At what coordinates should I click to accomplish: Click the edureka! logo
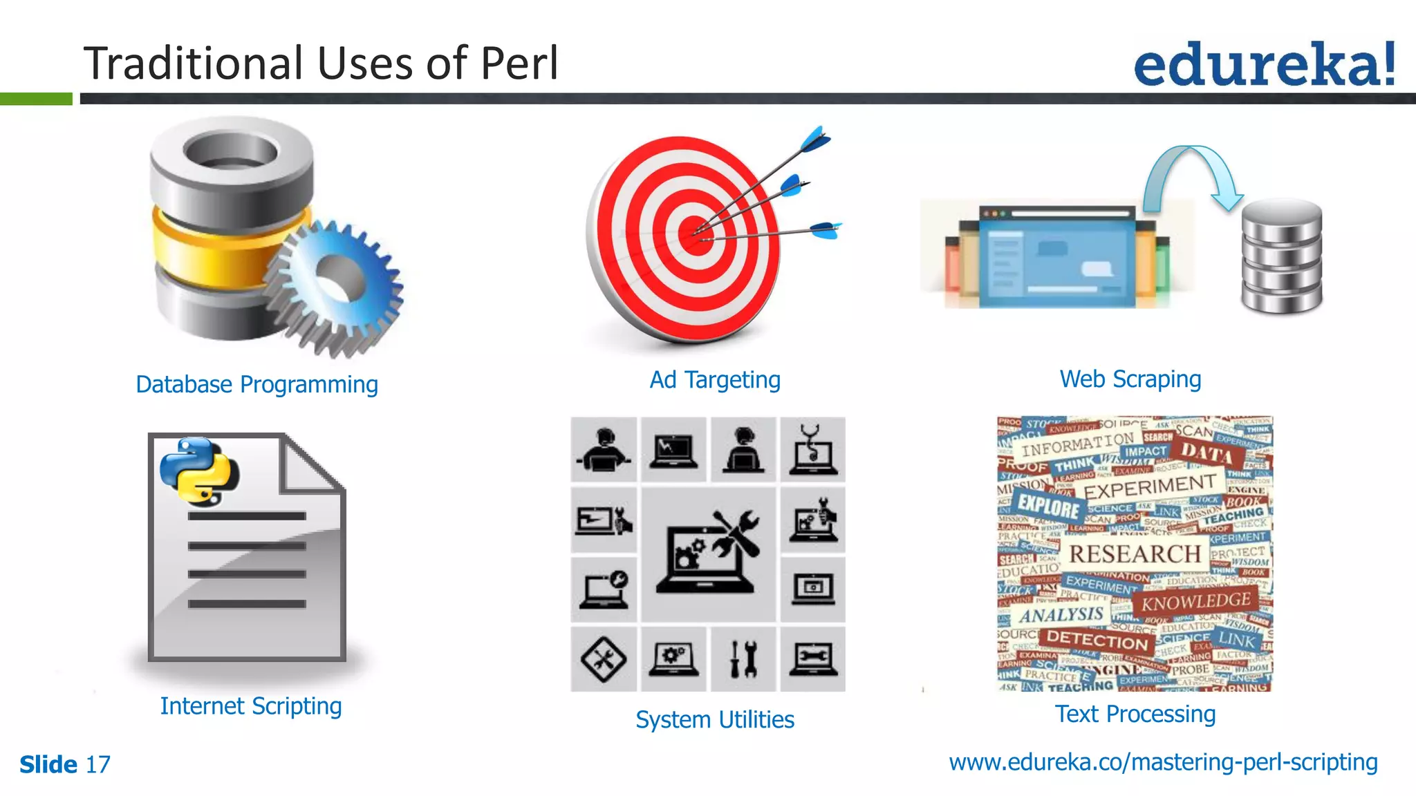pyautogui.click(x=1264, y=64)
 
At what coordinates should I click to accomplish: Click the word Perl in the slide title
pyautogui.click(x=519, y=64)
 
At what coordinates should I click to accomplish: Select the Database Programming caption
pyautogui.click(x=257, y=384)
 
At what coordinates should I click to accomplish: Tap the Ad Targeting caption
pyautogui.click(x=715, y=379)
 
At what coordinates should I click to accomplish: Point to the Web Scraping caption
pyautogui.click(x=1130, y=379)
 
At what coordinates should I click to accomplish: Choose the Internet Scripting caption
pyautogui.click(x=251, y=705)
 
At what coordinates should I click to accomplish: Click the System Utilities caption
pyautogui.click(x=715, y=719)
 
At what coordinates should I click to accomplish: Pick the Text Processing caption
pyautogui.click(x=1135, y=714)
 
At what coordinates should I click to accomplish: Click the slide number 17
pyautogui.click(x=97, y=764)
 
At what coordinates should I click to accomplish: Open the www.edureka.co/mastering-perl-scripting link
pyautogui.click(x=1163, y=761)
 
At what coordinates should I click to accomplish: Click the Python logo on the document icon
pyautogui.click(x=198, y=470)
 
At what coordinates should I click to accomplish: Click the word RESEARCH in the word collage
pyautogui.click(x=1135, y=553)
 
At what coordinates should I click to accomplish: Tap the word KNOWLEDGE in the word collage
pyautogui.click(x=1195, y=601)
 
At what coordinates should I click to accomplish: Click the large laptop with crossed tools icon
pyautogui.click(x=709, y=553)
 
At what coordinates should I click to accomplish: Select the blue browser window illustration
pyautogui.click(x=1056, y=256)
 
